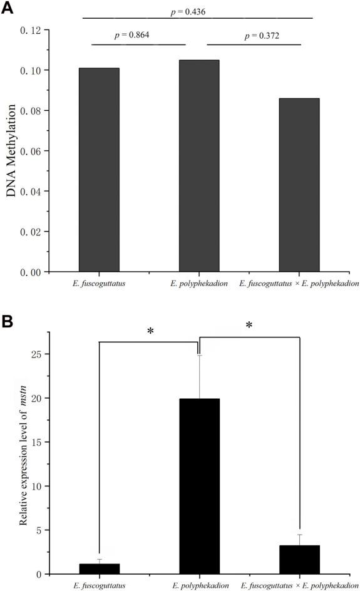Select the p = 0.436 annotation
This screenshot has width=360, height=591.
pyautogui.click(x=198, y=11)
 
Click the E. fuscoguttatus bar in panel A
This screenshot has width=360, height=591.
pyautogui.click(x=99, y=170)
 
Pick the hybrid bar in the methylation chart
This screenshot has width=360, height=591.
pyautogui.click(x=299, y=185)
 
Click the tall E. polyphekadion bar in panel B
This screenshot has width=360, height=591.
pyautogui.click(x=199, y=486)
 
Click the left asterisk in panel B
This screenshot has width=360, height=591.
pyautogui.click(x=150, y=331)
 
